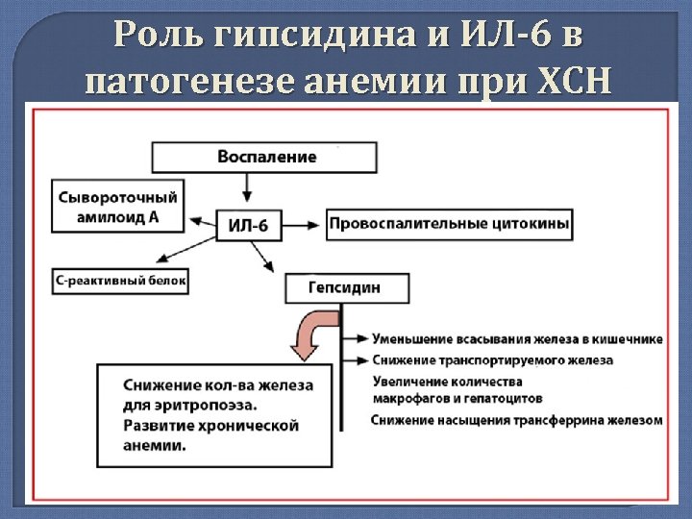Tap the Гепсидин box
click(x=346, y=287)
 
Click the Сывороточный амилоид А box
click(x=118, y=205)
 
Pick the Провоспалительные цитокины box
click(x=449, y=226)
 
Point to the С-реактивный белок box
click(x=120, y=282)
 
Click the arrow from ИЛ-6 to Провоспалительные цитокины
click(x=304, y=226)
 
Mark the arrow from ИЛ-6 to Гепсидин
click(x=261, y=257)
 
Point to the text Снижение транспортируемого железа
click(x=491, y=360)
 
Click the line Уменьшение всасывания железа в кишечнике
click(x=516, y=339)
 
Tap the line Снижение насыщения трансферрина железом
click(x=516, y=420)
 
